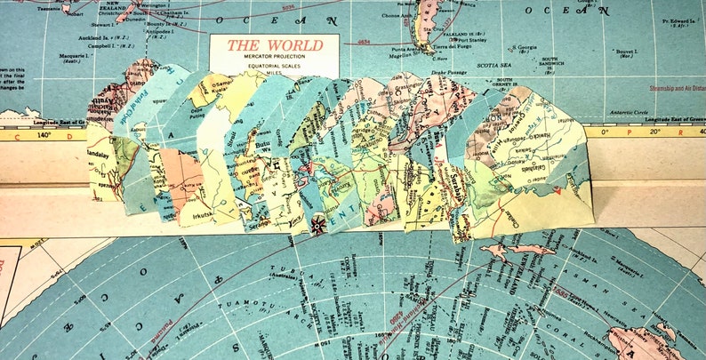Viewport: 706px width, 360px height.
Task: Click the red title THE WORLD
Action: [x=274, y=44]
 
